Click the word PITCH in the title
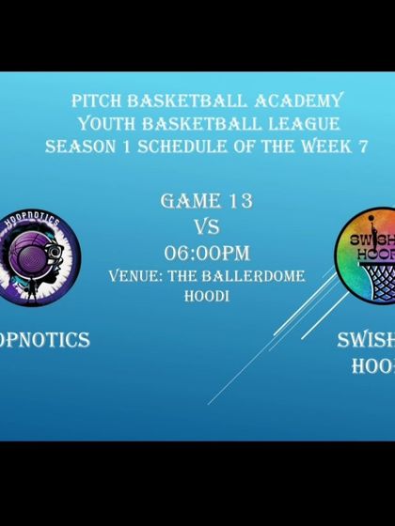tap(93, 101)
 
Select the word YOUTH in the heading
tap(104, 124)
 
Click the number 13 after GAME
tap(235, 201)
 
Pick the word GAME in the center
tap(187, 201)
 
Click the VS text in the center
tap(206, 226)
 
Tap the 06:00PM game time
tap(206, 253)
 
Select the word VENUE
tap(142, 276)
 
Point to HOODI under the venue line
tap(205, 296)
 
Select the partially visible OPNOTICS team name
tap(45, 340)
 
